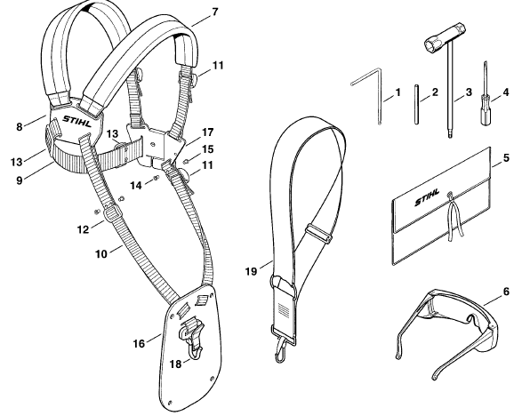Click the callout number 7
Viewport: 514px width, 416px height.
pyautogui.click(x=214, y=12)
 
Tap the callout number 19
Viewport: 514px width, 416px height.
pyautogui.click(x=252, y=271)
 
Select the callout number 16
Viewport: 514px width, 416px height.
pyautogui.click(x=139, y=344)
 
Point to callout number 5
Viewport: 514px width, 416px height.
pyautogui.click(x=507, y=158)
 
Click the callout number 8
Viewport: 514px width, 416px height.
pyautogui.click(x=20, y=126)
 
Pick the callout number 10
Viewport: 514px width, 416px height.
pyautogui.click(x=101, y=253)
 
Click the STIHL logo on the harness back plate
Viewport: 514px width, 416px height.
pyautogui.click(x=77, y=121)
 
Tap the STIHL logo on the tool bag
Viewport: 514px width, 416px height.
pyautogui.click(x=427, y=196)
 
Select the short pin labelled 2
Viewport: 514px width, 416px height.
pyautogui.click(x=417, y=104)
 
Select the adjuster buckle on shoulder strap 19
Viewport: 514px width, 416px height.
pyautogui.click(x=318, y=233)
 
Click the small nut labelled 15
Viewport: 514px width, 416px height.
pyautogui.click(x=186, y=161)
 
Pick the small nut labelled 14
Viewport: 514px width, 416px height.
pyautogui.click(x=156, y=178)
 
